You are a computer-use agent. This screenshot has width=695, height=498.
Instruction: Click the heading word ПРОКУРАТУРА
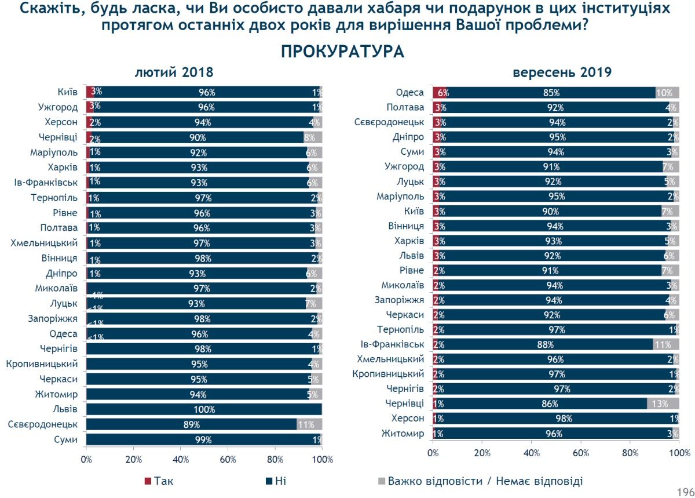342,52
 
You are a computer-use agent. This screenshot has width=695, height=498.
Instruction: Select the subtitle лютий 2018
174,73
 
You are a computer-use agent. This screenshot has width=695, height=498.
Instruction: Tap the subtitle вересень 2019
562,73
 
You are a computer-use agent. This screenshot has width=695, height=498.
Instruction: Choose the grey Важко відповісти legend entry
481,481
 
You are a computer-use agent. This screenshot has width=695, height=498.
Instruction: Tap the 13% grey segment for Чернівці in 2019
663,404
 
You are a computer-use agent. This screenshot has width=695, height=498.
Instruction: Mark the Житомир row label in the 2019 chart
403,434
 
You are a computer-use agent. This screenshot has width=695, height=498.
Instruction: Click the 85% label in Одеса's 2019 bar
551,93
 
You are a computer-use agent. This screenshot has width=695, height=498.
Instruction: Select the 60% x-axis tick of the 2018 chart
228,460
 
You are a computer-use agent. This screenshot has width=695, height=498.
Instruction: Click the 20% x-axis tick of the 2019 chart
482,453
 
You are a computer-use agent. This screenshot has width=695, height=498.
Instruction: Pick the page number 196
686,490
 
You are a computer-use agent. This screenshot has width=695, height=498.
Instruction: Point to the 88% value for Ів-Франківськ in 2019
542,344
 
